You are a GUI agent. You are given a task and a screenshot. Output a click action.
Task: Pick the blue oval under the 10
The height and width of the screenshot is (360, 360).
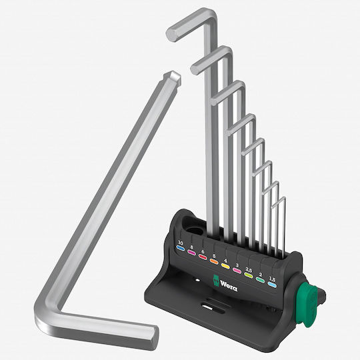[x=180, y=248]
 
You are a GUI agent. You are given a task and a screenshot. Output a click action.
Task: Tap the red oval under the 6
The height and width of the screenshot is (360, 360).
[x=203, y=257]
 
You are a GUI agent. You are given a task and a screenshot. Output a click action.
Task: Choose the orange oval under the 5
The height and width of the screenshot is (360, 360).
[x=214, y=261]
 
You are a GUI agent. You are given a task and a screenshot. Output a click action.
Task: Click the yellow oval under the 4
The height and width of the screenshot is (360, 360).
[x=225, y=265]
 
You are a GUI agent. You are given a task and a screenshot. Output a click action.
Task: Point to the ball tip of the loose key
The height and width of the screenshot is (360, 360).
[x=173, y=78]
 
